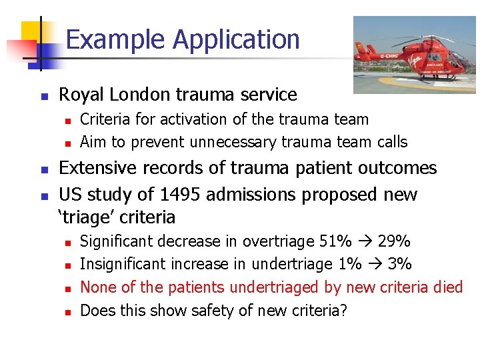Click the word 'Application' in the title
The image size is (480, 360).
click(236, 41)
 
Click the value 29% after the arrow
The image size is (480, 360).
click(394, 241)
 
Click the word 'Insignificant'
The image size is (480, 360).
click(123, 264)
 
